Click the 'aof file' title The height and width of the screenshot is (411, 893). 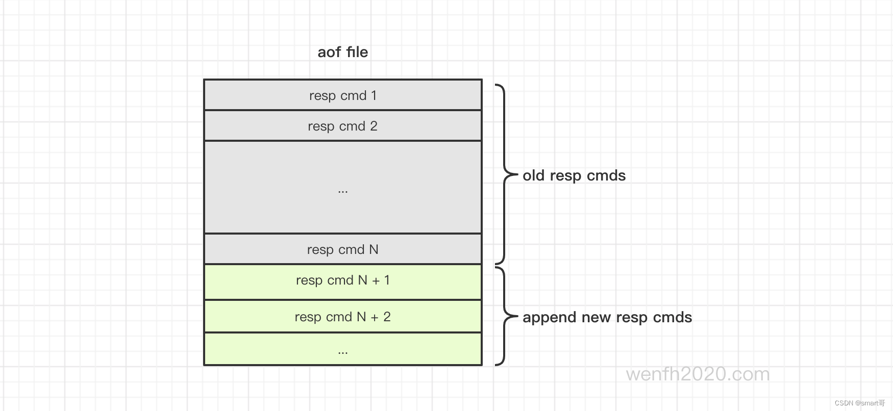pos(343,52)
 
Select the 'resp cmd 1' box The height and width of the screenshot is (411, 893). pos(343,95)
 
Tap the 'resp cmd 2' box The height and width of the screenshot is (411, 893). pos(343,126)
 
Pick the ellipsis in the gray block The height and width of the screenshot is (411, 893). pos(343,192)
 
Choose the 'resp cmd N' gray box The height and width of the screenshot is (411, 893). pos(343,249)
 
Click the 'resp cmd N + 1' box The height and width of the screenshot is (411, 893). pos(343,282)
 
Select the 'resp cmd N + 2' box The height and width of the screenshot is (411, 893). pos(343,316)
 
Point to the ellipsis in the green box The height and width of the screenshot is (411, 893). pos(343,352)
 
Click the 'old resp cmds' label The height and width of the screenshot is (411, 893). pos(574,175)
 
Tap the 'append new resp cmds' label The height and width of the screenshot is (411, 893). pos(607,317)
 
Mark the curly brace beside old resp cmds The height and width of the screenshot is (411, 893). pos(505,174)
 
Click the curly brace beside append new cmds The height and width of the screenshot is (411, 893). pos(505,317)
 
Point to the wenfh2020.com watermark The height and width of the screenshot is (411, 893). pos(698,374)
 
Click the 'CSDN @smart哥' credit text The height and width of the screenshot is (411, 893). pos(860,403)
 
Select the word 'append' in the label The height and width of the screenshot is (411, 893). pos(550,318)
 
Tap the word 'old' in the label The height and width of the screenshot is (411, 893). pos(534,175)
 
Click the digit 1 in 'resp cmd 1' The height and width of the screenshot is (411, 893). pos(374,95)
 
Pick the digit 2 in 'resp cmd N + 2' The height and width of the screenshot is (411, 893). pos(387,317)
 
